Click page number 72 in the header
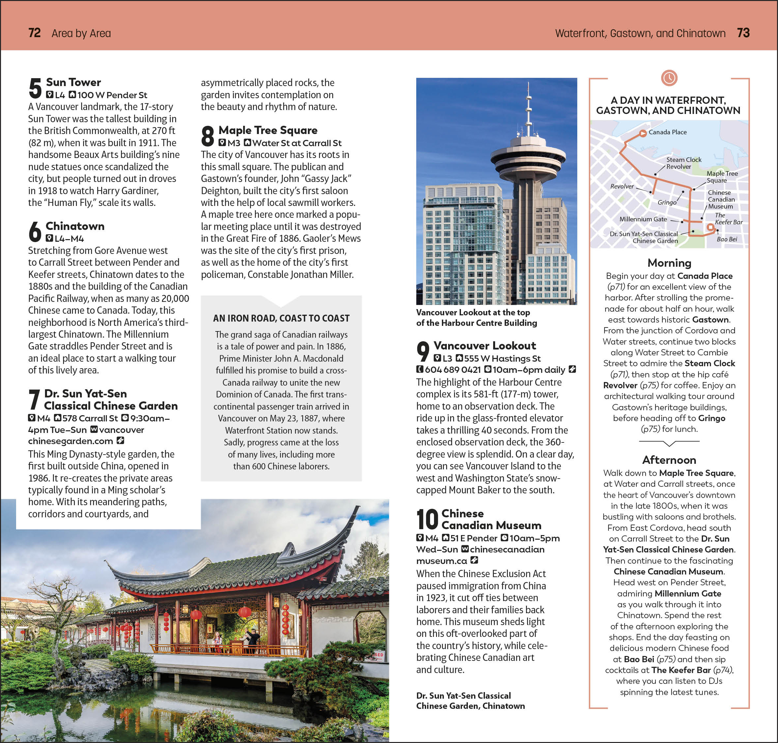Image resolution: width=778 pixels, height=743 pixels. click(34, 33)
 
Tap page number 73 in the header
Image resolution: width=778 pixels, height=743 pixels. click(743, 33)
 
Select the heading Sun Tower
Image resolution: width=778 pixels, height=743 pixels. click(73, 82)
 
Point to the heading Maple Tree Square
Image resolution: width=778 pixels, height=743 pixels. click(268, 130)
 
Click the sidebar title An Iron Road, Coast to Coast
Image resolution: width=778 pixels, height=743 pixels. click(281, 318)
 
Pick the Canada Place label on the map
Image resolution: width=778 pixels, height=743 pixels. click(668, 132)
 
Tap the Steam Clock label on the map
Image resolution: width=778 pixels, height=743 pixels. click(684, 160)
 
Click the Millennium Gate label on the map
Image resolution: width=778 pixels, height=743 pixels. click(643, 219)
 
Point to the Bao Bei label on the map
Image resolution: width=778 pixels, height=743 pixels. click(727, 239)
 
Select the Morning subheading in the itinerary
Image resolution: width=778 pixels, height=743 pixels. click(669, 263)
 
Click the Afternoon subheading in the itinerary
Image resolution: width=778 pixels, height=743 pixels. click(669, 460)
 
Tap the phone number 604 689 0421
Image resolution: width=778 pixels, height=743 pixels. click(452, 370)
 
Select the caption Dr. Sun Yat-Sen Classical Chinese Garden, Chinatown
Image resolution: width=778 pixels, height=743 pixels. click(470, 701)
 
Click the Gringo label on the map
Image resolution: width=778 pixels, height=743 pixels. click(667, 202)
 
